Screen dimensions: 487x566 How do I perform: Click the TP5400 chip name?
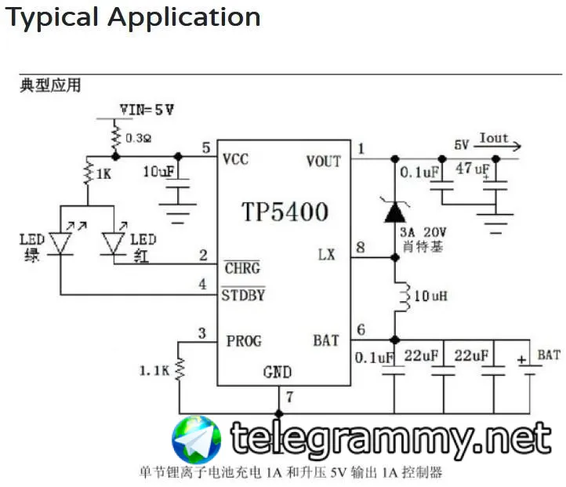pos(284,211)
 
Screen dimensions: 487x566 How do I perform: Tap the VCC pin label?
pos(235,159)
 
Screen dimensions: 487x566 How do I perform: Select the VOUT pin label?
pos(323,161)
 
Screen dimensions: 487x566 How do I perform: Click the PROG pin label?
pos(244,340)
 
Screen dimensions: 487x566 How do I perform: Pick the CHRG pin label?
pos(241,268)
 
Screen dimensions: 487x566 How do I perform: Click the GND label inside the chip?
pos(278,372)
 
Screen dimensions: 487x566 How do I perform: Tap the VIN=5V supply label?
pos(147,110)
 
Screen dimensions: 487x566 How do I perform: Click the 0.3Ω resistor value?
pos(140,138)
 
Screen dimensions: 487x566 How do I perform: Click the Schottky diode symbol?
pos(394,209)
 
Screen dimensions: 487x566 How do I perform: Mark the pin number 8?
pos(361,249)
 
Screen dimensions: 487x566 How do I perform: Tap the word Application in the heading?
pos(185,16)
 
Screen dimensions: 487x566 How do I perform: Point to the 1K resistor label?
pos(103,173)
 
